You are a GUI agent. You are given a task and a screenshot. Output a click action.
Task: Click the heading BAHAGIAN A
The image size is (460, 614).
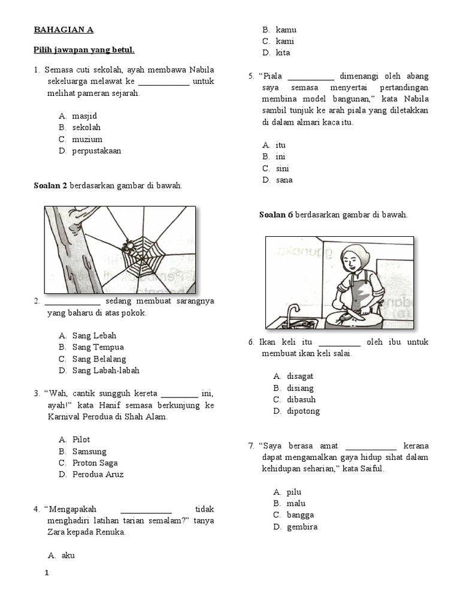(x=63, y=29)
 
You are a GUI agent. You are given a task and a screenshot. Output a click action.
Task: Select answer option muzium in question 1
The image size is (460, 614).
(x=87, y=139)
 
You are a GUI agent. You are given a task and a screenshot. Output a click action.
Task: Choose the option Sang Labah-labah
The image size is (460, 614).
(x=105, y=371)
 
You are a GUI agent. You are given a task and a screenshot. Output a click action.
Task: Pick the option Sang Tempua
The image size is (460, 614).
(x=98, y=347)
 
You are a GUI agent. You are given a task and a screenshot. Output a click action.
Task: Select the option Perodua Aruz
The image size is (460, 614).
(x=98, y=474)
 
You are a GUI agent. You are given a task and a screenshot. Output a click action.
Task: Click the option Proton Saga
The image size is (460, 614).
(x=95, y=463)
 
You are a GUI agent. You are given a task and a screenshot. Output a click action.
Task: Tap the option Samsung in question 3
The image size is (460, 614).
(x=89, y=452)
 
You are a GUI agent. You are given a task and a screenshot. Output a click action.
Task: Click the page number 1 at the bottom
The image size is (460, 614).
(x=47, y=573)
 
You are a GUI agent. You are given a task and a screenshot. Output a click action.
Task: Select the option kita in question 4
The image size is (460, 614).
(x=283, y=53)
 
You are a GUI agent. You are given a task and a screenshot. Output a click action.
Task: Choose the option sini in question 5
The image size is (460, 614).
(x=282, y=168)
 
